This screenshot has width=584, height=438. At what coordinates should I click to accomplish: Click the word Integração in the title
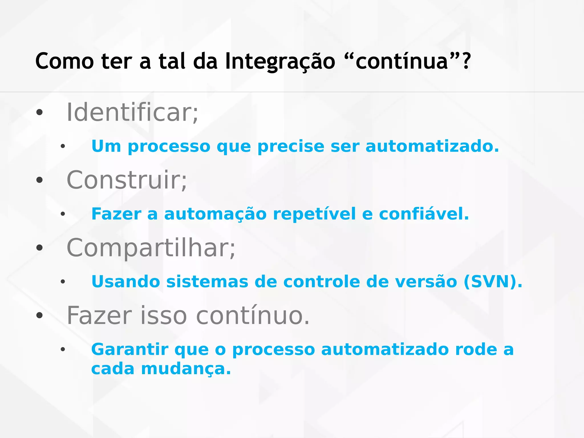pyautogui.click(x=280, y=61)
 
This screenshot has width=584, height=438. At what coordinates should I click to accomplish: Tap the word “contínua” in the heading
pyautogui.click(x=402, y=61)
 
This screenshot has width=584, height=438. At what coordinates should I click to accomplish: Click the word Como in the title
pyautogui.click(x=64, y=61)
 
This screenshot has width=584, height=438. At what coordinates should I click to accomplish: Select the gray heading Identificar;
pyautogui.click(x=132, y=113)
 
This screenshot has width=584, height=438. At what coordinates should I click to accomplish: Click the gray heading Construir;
pyautogui.click(x=127, y=180)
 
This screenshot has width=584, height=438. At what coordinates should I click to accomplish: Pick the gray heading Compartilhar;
pyautogui.click(x=151, y=248)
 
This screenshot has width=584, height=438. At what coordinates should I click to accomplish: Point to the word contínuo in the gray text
pyautogui.click(x=253, y=316)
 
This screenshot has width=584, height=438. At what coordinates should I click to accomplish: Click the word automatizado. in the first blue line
pyautogui.click(x=432, y=146)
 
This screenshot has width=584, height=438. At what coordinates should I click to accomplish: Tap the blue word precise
pyautogui.click(x=291, y=147)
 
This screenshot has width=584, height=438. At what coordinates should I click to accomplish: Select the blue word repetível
pyautogui.click(x=314, y=214)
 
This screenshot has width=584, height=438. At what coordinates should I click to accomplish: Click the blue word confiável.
pyautogui.click(x=424, y=214)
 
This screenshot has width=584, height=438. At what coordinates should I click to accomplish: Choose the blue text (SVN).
pyautogui.click(x=493, y=282)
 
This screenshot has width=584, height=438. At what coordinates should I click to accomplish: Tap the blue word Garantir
pyautogui.click(x=130, y=350)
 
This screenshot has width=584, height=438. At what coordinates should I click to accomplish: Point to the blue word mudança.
pyautogui.click(x=186, y=369)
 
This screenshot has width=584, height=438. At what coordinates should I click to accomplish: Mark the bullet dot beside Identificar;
pyautogui.click(x=39, y=113)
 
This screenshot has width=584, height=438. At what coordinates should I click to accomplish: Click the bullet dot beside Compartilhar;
pyautogui.click(x=39, y=248)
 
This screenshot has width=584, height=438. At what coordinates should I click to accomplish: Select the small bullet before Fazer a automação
pyautogui.click(x=63, y=214)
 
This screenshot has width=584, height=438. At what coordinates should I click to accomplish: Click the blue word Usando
pyautogui.click(x=126, y=282)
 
